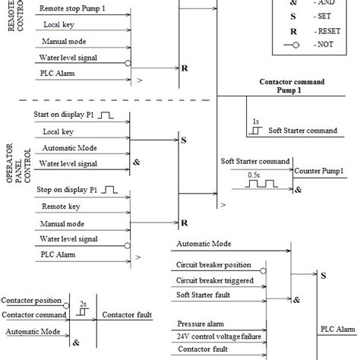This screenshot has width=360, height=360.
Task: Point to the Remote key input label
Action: pyautogui.click(x=60, y=207)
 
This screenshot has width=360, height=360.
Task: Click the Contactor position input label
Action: pyautogui.click(x=32, y=302)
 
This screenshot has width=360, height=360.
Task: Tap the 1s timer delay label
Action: pyautogui.click(x=256, y=121)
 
